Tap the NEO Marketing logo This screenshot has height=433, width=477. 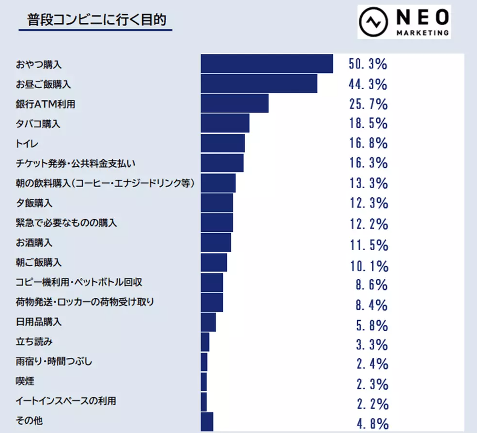(404, 22)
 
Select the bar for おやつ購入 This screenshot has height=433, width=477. (267, 64)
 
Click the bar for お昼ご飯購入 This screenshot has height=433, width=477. (259, 84)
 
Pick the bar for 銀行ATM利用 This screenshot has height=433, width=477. (234, 103)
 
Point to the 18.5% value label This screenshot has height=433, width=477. (369, 123)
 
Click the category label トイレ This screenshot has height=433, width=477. (27, 144)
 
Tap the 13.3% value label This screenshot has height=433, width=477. (369, 183)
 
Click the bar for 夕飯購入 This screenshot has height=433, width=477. (217, 203)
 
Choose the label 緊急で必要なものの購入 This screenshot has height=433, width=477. (66, 223)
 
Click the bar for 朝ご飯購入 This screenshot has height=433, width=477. (214, 262)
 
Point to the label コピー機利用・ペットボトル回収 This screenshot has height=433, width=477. (79, 282)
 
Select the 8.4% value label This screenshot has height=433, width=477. (371, 305)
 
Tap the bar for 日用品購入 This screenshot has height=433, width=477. (208, 322)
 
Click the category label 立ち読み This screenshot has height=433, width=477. (34, 342)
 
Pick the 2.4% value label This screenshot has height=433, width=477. (372, 364)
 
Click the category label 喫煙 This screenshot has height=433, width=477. (25, 382)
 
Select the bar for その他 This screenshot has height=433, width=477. (207, 421)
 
